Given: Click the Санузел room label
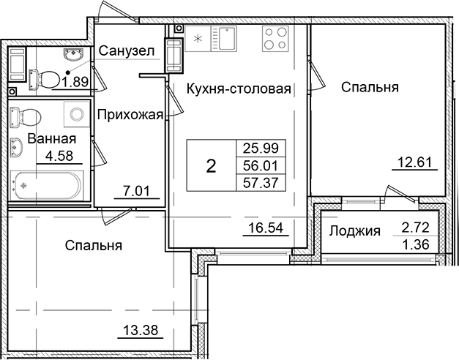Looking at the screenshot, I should (126, 51).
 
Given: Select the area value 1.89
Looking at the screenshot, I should (75, 81).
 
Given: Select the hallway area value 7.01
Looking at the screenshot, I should (130, 193).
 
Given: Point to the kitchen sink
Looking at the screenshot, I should (222, 37).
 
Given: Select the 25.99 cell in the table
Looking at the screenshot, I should (260, 149).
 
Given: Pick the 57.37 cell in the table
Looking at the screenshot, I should (260, 184).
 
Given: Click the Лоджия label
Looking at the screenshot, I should (355, 231).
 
